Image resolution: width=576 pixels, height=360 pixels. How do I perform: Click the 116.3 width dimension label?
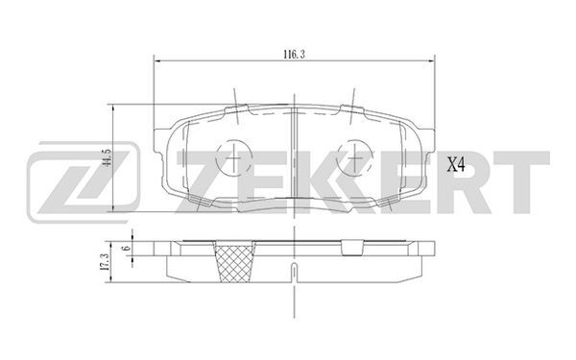click(294, 55)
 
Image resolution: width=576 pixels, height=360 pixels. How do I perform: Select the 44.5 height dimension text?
click(108, 158)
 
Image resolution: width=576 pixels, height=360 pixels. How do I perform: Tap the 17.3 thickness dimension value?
click(105, 262)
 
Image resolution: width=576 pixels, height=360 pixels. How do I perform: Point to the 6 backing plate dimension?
click(127, 248)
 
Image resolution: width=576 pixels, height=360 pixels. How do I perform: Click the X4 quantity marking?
click(456, 165)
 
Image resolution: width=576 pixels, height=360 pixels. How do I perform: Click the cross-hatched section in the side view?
click(235, 261)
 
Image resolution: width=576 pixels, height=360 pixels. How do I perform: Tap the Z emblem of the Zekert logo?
click(84, 182)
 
